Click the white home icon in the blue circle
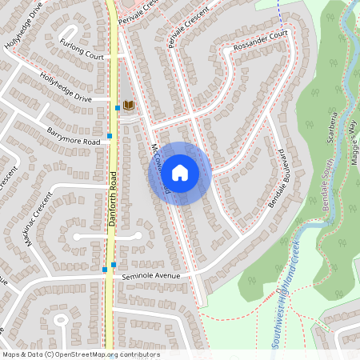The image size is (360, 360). pos(180,173)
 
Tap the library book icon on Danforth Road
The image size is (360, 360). pos(129,105)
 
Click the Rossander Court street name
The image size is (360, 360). pos(260,38)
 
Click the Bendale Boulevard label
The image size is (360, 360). pos(278,178)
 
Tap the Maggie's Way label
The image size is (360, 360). pos(351,141)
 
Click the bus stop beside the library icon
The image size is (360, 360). pos(118,106)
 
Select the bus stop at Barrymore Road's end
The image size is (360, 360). pos(109,136)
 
